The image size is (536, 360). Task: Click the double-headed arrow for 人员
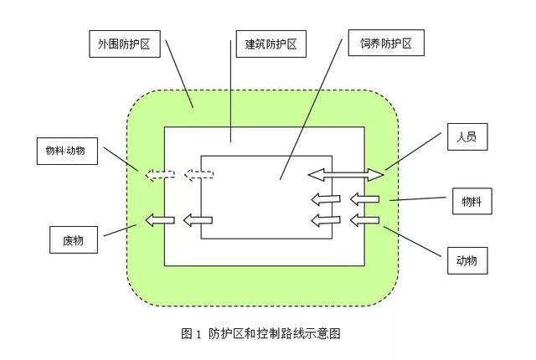(345, 175)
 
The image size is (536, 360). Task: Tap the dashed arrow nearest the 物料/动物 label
(160, 175)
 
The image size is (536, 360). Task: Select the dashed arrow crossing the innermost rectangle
(199, 175)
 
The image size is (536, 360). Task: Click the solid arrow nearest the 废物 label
(159, 220)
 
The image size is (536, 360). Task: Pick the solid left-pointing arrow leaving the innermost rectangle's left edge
(198, 220)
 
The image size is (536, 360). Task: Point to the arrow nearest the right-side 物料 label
(364, 198)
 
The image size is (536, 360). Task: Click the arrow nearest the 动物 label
(364, 220)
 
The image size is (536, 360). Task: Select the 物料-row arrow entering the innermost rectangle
(326, 198)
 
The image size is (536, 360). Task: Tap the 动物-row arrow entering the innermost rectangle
(326, 220)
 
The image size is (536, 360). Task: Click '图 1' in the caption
(192, 333)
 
